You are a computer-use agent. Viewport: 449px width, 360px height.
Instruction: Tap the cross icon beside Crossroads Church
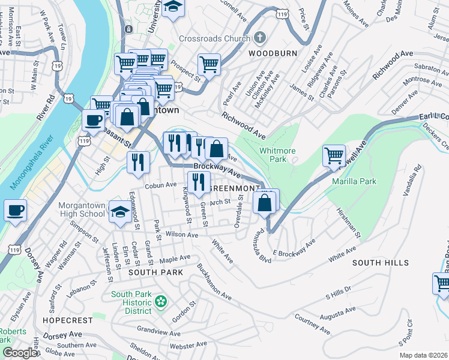(x=259, y=37)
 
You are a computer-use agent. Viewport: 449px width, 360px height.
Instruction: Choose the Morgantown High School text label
(x=82, y=209)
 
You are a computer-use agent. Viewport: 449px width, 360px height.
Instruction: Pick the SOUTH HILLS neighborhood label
(x=380, y=263)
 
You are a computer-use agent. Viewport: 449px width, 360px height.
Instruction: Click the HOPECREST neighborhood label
(x=68, y=320)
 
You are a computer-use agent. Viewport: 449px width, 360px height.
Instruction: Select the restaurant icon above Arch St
(x=197, y=181)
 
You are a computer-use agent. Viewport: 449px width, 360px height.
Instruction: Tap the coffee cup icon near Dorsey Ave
(x=15, y=211)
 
